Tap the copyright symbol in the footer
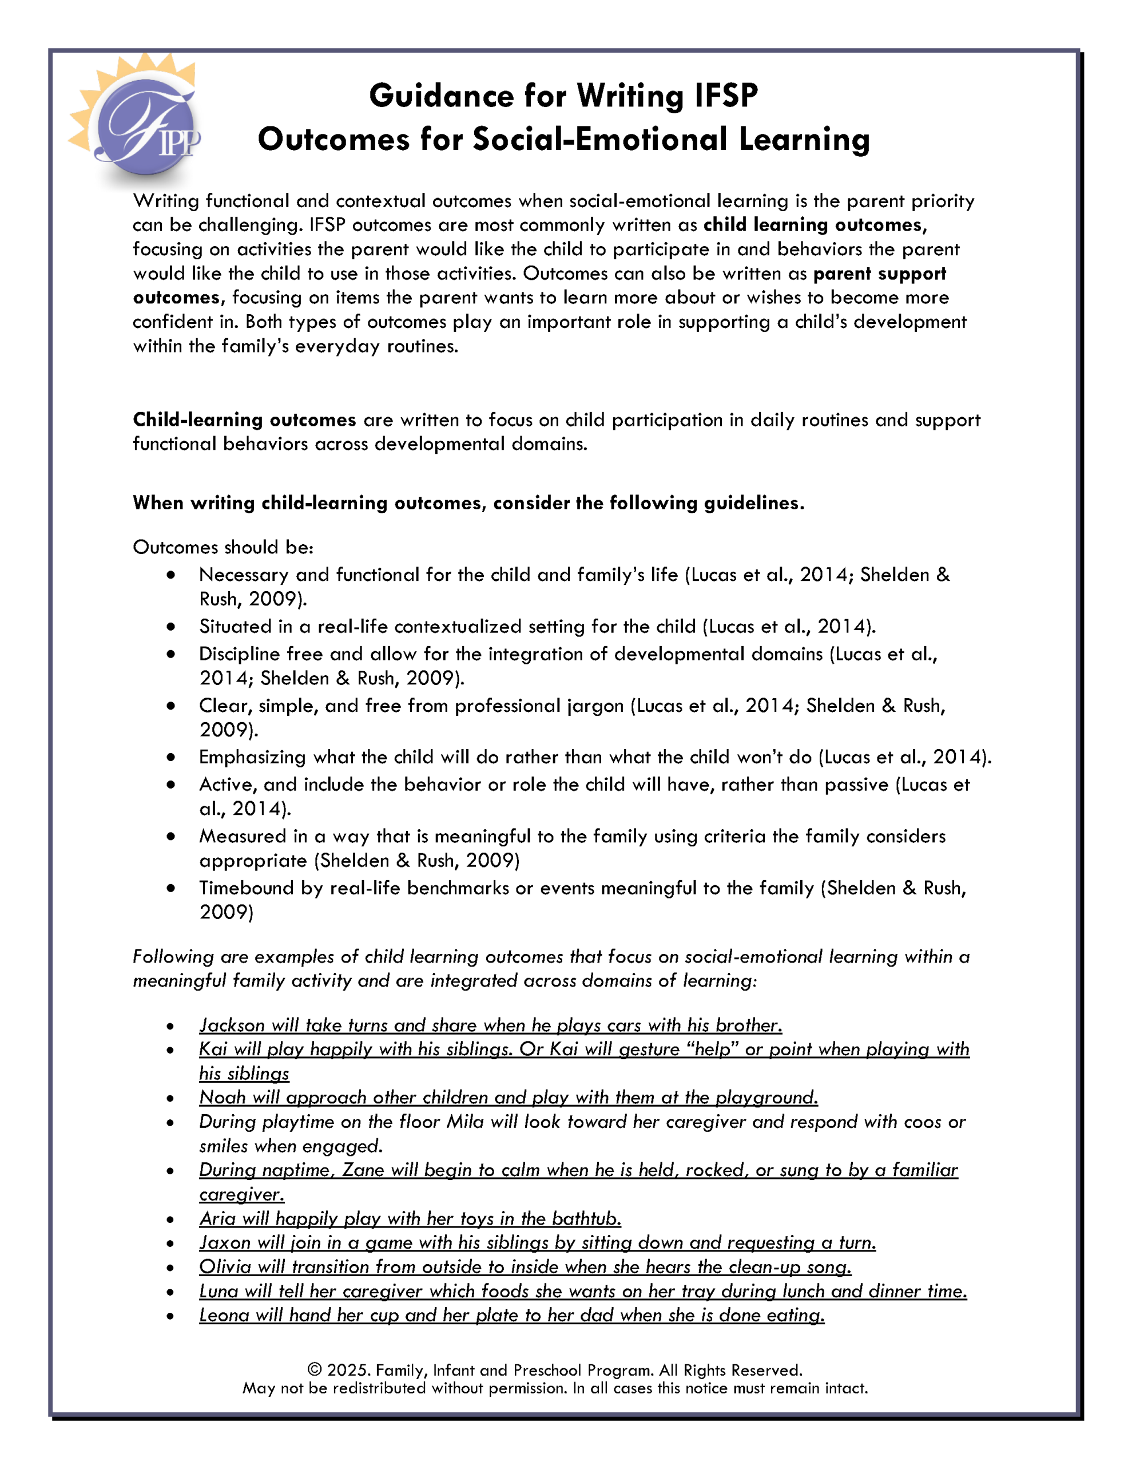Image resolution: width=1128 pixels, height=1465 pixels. (x=314, y=1370)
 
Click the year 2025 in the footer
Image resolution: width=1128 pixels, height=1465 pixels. (x=348, y=1370)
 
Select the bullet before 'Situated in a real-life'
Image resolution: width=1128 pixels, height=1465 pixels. (x=171, y=627)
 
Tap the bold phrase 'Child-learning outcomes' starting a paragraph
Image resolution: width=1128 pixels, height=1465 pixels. (x=244, y=420)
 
